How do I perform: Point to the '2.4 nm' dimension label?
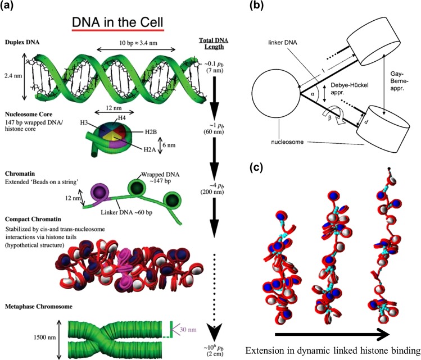[x=11, y=88]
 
